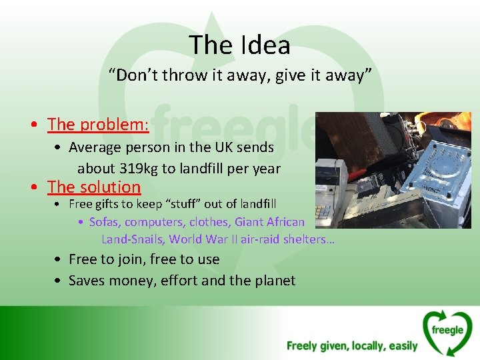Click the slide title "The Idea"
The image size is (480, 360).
pos(239,45)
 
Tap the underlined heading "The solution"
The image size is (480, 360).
pos(94,187)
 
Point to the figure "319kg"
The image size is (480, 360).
pos(137,169)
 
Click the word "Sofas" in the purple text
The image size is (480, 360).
pos(104,222)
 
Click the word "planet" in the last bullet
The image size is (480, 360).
pos(273,281)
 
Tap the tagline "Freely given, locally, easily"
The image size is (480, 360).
pos(352,346)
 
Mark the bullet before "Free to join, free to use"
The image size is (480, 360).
pos(60,260)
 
